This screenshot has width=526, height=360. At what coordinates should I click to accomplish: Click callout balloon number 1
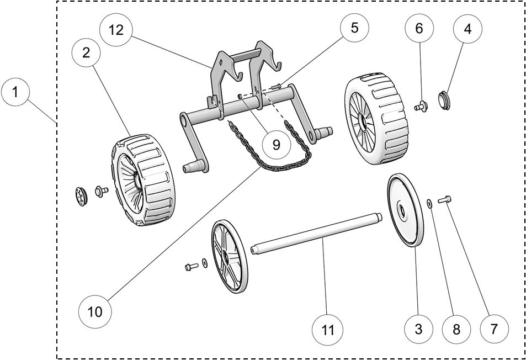pyautogui.click(x=17, y=93)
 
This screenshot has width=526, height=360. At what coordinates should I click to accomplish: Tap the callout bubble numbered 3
pyautogui.click(x=418, y=329)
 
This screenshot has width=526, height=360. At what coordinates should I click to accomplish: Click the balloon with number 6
pyautogui.click(x=419, y=29)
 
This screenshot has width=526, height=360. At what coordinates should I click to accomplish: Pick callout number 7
pyautogui.click(x=493, y=329)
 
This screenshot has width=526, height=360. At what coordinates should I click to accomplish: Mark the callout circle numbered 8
pyautogui.click(x=456, y=329)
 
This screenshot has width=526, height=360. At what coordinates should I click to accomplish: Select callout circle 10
pyautogui.click(x=94, y=311)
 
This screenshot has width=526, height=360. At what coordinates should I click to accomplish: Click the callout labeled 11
pyautogui.click(x=328, y=330)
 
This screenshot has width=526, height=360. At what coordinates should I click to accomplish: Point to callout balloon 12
pyautogui.click(x=116, y=30)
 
